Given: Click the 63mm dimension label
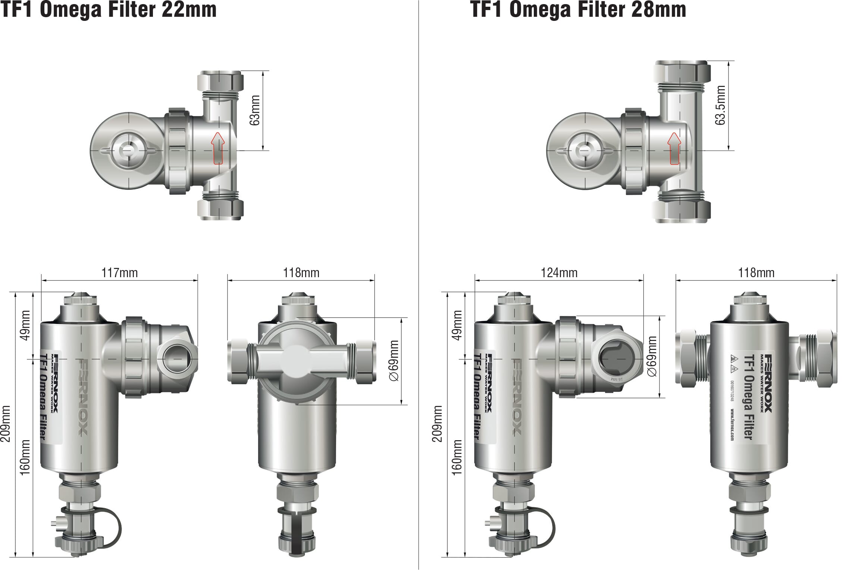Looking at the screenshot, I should pyautogui.click(x=256, y=110).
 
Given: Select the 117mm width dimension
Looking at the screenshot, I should pyautogui.click(x=119, y=273).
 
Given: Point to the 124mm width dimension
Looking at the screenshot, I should pyautogui.click(x=559, y=273).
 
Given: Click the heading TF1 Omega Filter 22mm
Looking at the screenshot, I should pyautogui.click(x=108, y=10).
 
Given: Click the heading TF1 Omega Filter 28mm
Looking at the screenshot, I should pyautogui.click(x=579, y=10).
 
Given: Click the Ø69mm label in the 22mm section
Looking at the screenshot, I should pyautogui.click(x=394, y=360).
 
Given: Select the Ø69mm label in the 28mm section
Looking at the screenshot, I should pyautogui.click(x=652, y=356).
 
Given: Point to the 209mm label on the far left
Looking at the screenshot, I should pyautogui.click(x=6, y=424).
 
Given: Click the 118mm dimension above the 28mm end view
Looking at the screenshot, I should pyautogui.click(x=756, y=273).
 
